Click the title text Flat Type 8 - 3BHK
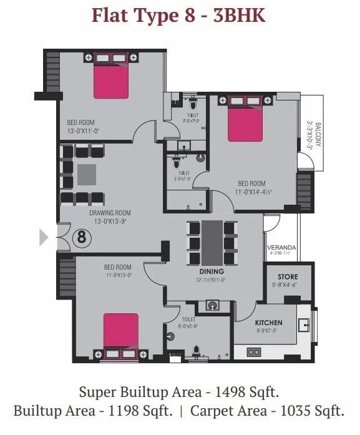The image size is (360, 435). coord(179,15)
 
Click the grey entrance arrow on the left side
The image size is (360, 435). coord(44,237)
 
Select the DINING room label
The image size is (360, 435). coord(212,272)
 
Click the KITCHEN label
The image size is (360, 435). coord(269,323)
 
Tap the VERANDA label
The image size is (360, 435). coord(281,247)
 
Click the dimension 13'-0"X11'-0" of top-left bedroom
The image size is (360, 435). coord(84,131)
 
